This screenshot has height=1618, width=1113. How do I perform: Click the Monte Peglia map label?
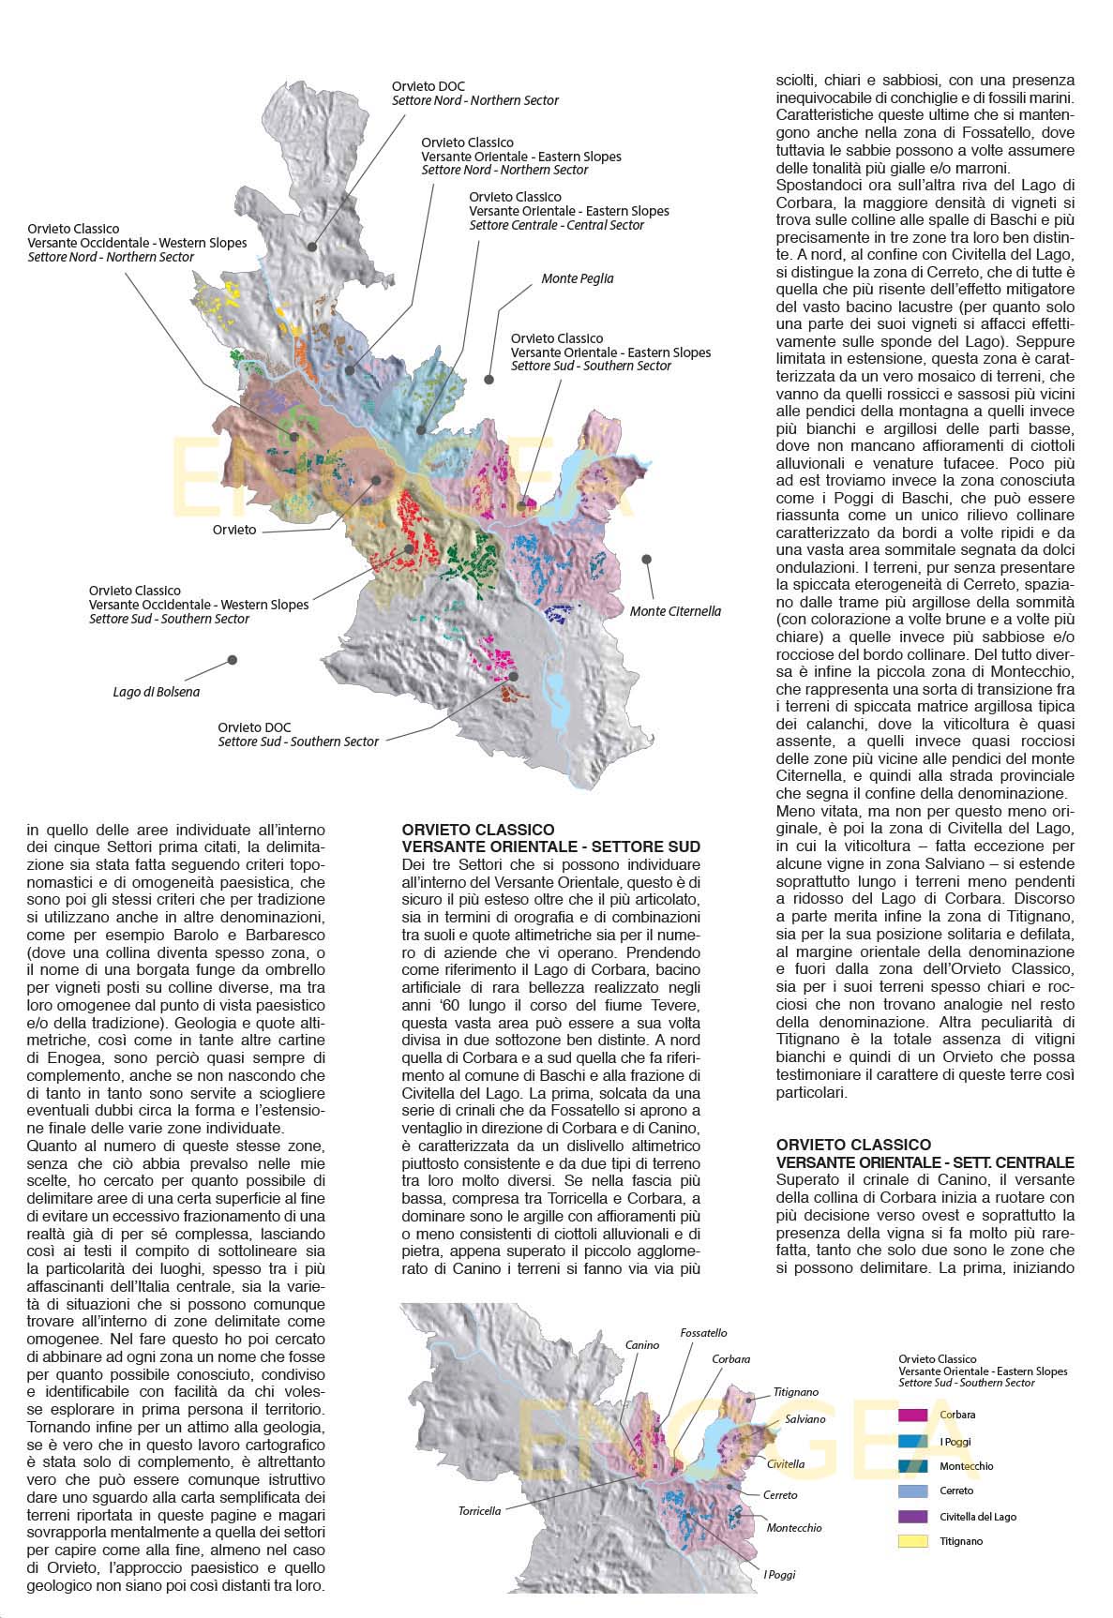coord(577,278)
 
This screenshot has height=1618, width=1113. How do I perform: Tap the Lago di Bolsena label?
coord(156,692)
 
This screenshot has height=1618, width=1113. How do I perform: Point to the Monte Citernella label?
coord(675,611)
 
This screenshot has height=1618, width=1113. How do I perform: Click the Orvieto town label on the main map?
coord(233,530)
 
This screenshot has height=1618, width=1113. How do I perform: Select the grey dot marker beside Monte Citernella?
coord(646,559)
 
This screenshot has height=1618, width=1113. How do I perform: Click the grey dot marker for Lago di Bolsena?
coord(232,660)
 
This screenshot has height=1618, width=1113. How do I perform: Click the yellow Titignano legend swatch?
coord(912,1541)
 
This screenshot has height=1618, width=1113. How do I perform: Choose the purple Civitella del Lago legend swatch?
coord(912,1516)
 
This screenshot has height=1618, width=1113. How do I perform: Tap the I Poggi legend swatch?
coord(912,1441)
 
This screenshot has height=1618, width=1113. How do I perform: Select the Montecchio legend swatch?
coord(912,1465)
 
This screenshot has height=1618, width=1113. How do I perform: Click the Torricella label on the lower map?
coord(479,1510)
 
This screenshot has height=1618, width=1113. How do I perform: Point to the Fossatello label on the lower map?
coord(703,1332)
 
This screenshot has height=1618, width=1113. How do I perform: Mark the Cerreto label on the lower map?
coord(780,1494)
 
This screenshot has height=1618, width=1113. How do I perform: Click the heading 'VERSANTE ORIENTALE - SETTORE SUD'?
coord(550,846)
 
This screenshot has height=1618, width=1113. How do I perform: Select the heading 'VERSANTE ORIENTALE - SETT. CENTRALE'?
coord(925,1161)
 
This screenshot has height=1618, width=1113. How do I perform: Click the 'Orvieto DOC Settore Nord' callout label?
coord(474,93)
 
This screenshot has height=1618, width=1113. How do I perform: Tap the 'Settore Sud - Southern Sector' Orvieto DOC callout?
coord(297,734)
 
